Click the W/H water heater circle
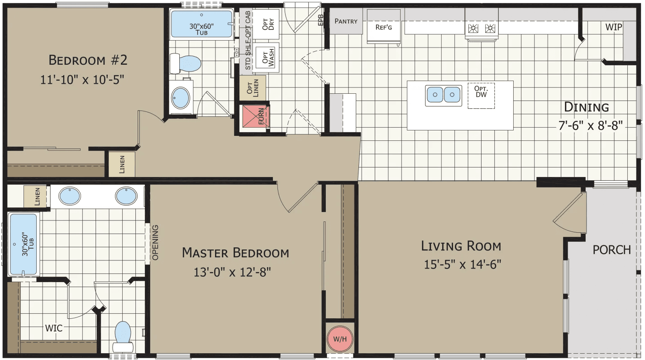340,339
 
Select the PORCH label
612,250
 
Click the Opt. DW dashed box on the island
481,96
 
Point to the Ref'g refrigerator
383,27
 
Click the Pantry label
346,21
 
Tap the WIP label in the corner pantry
613,27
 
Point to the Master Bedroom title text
235,253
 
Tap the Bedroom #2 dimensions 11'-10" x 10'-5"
82,79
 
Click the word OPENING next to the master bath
156,242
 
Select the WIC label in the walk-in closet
53,328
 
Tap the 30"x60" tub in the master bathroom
23,245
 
